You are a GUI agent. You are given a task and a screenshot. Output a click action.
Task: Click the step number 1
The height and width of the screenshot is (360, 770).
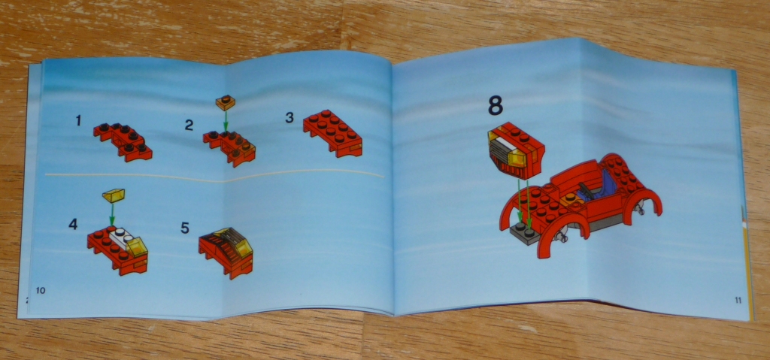78,120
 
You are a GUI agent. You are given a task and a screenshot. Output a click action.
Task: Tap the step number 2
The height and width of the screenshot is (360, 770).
189,126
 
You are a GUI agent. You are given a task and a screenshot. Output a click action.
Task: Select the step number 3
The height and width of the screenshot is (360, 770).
290,118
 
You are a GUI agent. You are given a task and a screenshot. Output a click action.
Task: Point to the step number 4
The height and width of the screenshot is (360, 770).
73,225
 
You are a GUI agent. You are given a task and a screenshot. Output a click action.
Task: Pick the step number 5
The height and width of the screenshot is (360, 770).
185,228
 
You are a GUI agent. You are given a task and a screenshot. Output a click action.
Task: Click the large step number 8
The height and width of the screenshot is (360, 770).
496,106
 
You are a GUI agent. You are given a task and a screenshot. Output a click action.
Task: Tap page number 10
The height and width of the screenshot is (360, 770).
41,290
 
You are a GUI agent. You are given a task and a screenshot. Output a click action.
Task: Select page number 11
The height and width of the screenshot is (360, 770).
738,301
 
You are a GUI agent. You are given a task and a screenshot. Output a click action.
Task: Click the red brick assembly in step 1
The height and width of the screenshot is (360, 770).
123,142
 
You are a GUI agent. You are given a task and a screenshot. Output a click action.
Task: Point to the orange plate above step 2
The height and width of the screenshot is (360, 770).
226,103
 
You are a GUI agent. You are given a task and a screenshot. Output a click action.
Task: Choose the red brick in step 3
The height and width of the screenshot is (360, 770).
333,133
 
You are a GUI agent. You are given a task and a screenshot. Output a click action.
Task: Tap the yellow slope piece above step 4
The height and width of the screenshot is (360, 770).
114,195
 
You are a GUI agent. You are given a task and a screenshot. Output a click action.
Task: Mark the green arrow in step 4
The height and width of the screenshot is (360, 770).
113,214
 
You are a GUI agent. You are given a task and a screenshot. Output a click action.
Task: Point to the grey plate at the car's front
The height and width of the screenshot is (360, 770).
524,234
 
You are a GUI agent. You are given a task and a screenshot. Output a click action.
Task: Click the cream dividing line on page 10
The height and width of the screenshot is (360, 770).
214,176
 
